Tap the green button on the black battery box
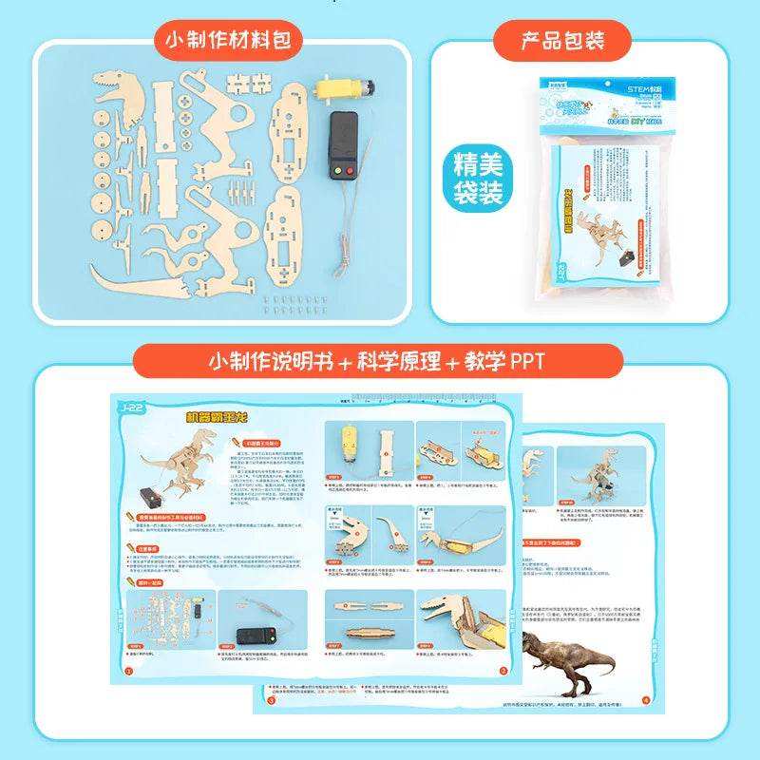click(337, 172)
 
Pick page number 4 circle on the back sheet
click(645, 701)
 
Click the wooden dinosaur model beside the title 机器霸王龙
click(171, 461)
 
